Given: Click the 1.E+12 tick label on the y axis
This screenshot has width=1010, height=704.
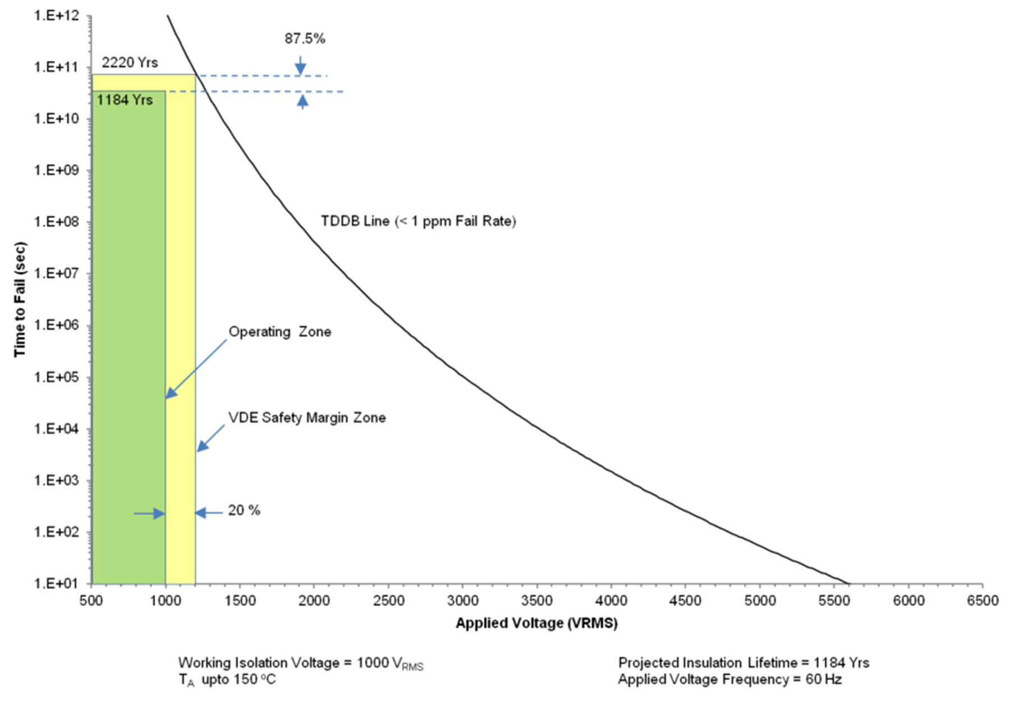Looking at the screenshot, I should pos(56,16).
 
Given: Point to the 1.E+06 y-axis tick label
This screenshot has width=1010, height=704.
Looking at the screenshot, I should pos(56,326).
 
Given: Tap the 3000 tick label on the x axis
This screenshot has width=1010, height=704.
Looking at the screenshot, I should pos(462,601).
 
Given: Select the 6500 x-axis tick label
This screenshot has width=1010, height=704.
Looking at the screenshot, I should pos(983,601).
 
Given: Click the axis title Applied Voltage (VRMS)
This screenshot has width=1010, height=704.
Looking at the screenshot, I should pos(536,623).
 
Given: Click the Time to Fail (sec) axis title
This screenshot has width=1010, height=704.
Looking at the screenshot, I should pos(20,299).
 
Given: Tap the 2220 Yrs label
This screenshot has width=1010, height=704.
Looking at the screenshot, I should pos(130,62).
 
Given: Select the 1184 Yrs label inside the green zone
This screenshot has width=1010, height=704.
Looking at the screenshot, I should pos(125,100).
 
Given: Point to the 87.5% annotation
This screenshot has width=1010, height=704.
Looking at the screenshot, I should pos(305,39).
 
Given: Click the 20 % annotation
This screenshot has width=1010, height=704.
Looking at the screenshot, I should pos(244,510).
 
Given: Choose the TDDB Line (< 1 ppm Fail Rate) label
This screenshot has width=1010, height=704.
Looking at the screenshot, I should pos(418,221).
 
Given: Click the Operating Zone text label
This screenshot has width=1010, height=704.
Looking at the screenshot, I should pos(279,332).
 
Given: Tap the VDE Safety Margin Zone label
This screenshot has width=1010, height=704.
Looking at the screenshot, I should pos(307,418).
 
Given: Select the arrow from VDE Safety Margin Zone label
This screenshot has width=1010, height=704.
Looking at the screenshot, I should pos(210,438).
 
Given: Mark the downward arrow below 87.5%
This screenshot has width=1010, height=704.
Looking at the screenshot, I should pos(301,66).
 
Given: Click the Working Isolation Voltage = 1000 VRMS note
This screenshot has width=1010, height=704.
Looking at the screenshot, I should pos(301,663).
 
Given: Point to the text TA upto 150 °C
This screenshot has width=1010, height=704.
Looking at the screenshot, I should pos(227,680).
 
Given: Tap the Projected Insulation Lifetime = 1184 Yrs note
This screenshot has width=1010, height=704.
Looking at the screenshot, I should pos(743,663).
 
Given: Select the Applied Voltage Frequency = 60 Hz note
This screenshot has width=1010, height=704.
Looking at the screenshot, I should pos(729,680).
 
